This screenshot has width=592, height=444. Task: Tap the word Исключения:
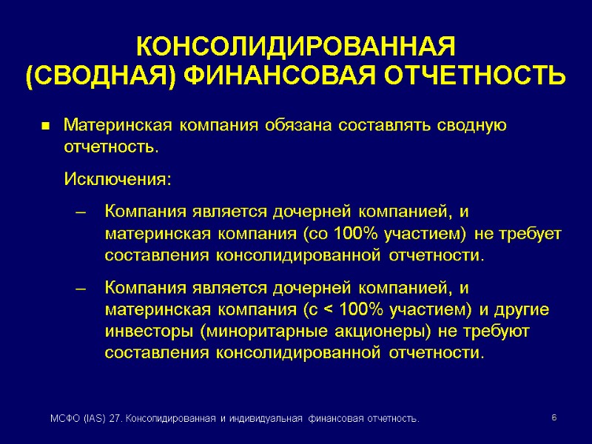(x=118, y=180)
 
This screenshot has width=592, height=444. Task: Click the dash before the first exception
(x=82, y=213)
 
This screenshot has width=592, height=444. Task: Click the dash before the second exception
(x=82, y=288)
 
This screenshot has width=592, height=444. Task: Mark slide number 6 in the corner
(x=554, y=419)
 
